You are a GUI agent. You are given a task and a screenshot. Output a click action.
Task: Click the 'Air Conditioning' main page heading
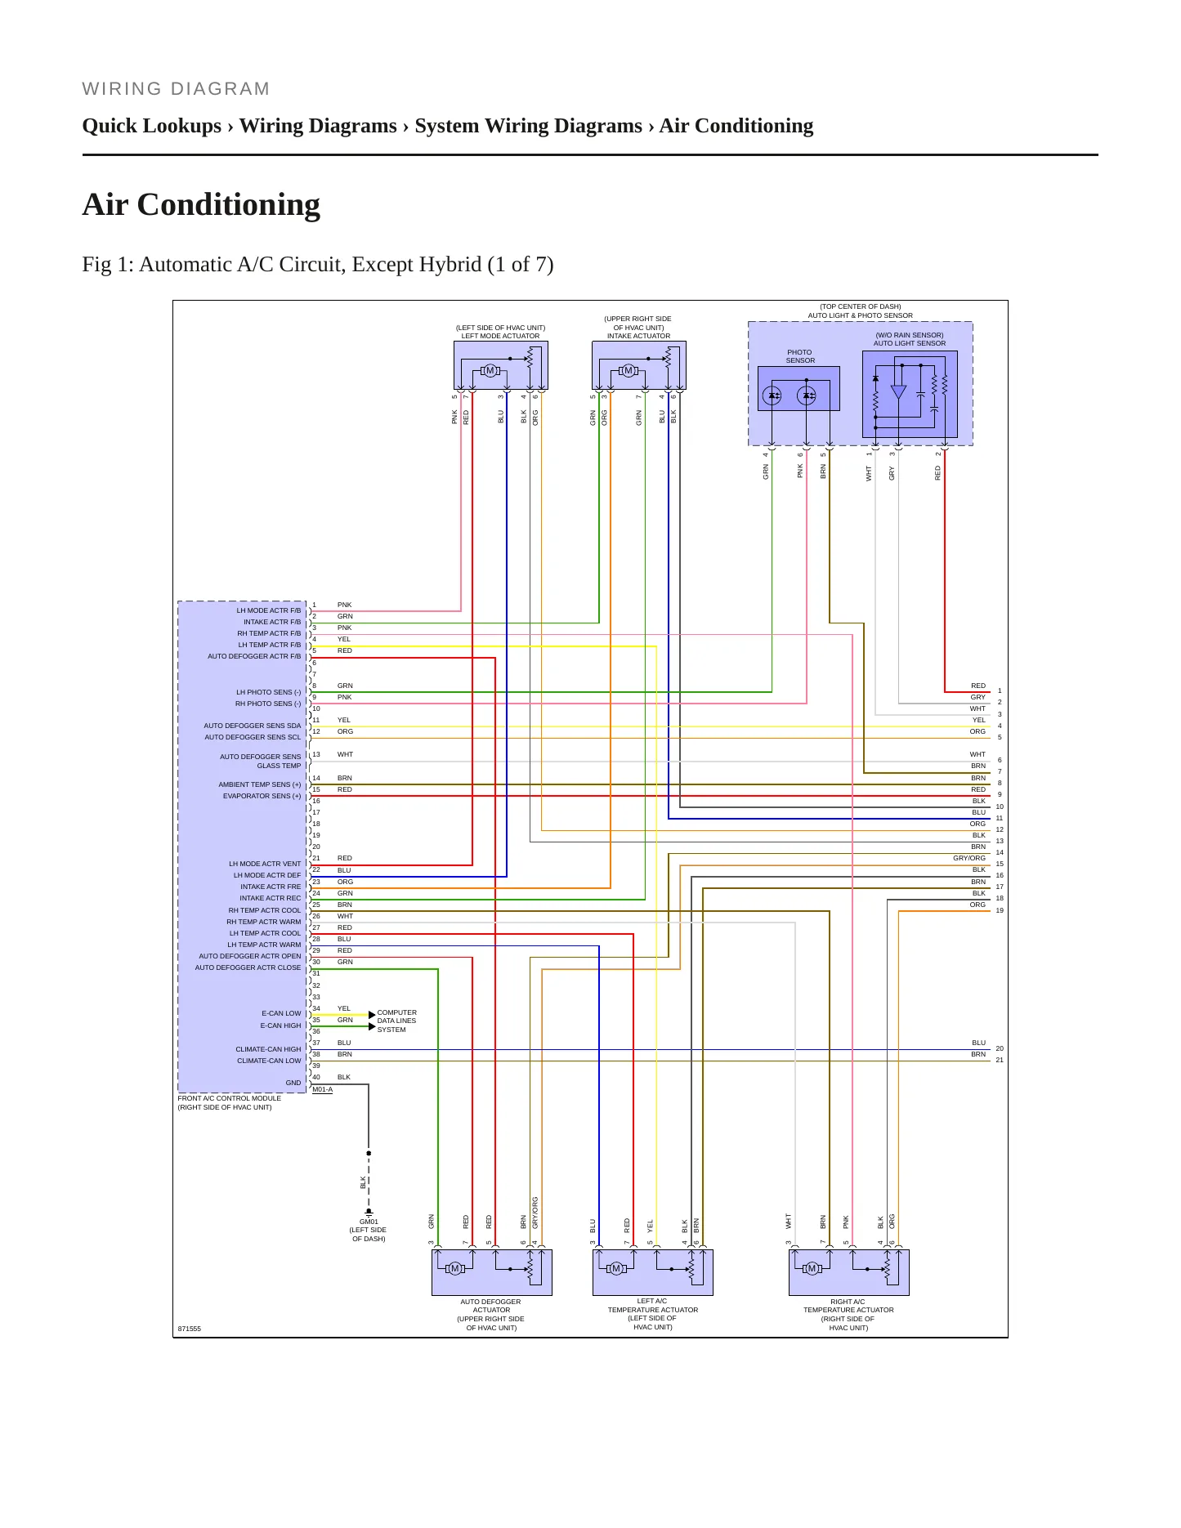pos(201,205)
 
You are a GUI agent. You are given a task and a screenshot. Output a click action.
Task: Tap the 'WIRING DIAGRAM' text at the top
pos(176,89)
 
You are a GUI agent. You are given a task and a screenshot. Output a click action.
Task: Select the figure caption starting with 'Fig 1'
pos(318,265)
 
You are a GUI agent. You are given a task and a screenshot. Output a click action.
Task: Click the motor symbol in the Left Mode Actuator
pos(490,371)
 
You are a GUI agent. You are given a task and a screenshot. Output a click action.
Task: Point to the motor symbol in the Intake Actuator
pos(629,371)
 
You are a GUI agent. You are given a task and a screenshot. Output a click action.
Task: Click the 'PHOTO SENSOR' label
pos(800,356)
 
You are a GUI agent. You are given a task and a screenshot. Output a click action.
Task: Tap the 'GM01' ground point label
pos(369,1222)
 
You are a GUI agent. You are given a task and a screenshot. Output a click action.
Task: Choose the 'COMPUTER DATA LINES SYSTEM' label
pos(396,1021)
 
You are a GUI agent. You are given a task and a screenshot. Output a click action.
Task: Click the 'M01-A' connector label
pos(322,1089)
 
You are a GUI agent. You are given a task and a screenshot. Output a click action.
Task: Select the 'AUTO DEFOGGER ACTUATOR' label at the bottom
pos(490,1306)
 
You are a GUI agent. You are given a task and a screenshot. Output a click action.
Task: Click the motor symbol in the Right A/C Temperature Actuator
pos(812,1268)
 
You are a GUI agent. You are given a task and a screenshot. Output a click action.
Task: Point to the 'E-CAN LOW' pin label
pos(281,1013)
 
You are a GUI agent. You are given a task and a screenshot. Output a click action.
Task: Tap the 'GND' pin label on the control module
pos(293,1083)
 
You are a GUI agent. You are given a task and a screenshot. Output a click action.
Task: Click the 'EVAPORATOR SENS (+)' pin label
pos(262,796)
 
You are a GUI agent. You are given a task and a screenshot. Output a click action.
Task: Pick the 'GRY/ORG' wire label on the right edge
pos(969,858)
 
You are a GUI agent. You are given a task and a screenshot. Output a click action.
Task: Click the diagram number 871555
pos(190,1329)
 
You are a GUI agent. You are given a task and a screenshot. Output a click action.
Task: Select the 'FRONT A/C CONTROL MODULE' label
pos(230,1098)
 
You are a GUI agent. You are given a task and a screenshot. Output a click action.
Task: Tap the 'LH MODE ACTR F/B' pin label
pos(269,610)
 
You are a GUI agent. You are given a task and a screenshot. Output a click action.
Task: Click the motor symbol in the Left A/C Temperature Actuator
pos(616,1268)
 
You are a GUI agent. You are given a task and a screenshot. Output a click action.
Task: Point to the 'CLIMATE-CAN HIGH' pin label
pos(268,1049)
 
